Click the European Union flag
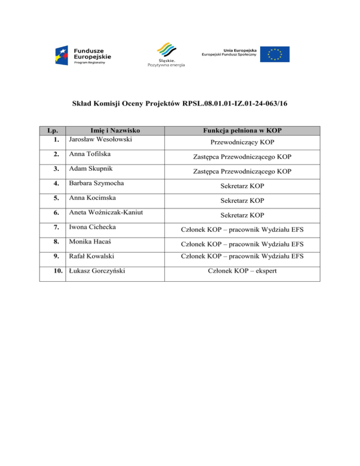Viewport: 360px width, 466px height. pyautogui.click(x=275, y=54)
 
